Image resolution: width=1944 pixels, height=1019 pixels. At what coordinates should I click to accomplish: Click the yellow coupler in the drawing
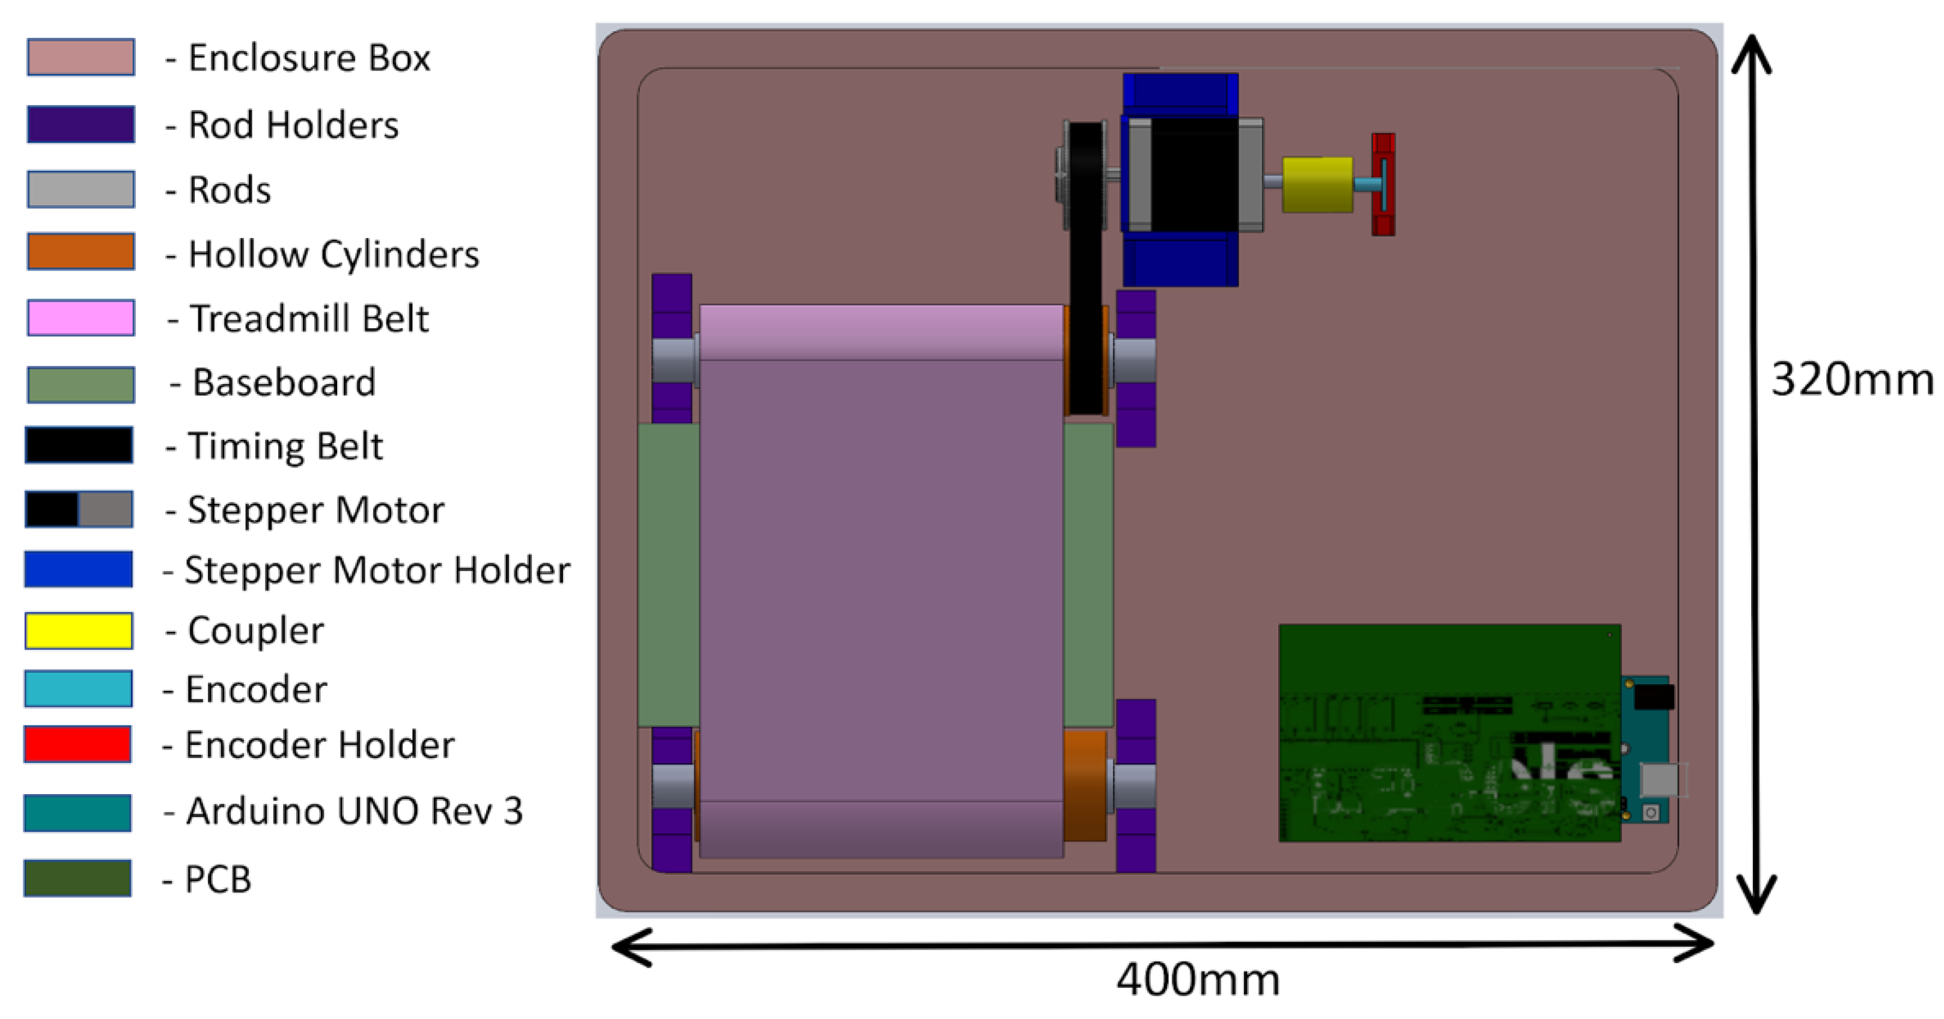click(1317, 184)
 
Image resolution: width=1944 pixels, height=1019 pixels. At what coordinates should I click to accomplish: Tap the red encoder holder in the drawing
click(1383, 184)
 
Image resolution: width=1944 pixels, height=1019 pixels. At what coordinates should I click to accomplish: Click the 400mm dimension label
click(1198, 981)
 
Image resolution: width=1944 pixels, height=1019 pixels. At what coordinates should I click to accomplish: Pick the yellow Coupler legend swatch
click(79, 630)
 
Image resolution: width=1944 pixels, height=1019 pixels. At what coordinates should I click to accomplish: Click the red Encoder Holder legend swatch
click(78, 744)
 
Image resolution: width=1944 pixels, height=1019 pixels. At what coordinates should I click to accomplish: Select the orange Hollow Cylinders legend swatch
click(81, 251)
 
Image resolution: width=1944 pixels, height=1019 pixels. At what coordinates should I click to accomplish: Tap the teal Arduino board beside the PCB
click(1645, 747)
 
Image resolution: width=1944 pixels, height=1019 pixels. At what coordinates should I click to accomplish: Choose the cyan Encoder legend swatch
click(79, 688)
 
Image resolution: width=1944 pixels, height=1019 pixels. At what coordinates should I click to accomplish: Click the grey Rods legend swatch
click(81, 189)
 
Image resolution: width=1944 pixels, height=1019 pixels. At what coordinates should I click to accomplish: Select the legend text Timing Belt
click(284, 445)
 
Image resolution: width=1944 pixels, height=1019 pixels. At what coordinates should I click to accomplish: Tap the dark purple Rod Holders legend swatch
click(81, 124)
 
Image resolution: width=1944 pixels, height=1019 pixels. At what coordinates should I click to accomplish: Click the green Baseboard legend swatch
click(81, 384)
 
